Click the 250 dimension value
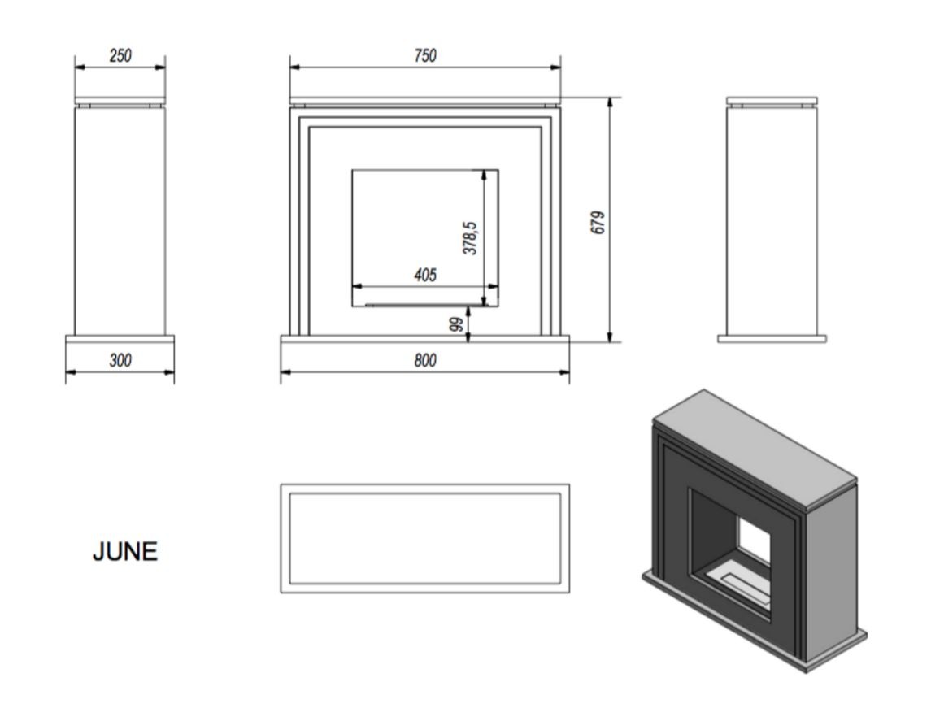coord(120,56)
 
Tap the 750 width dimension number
coord(425,56)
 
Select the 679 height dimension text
coord(598,222)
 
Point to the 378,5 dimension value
coord(470,238)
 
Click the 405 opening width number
coord(425,275)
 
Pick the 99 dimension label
coord(456,324)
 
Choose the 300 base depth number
coord(120,360)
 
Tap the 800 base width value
coord(425,360)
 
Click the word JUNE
coord(125,551)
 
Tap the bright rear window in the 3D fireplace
coord(754,540)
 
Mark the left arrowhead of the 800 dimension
coord(285,372)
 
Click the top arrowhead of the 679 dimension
coord(610,102)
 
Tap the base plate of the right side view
coord(772,339)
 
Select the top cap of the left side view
coord(120,100)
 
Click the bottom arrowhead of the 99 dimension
coord(468,337)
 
